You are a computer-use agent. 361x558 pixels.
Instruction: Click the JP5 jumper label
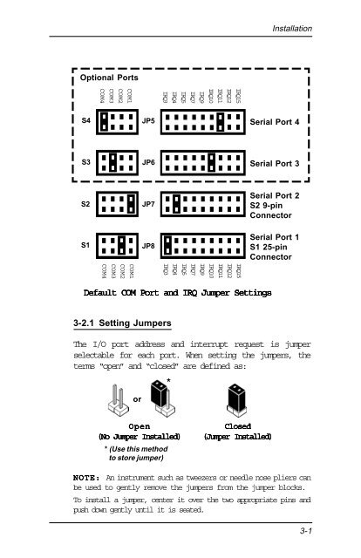point(148,122)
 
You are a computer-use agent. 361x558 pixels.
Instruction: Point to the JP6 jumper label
point(148,163)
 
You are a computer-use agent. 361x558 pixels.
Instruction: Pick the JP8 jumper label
point(148,247)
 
